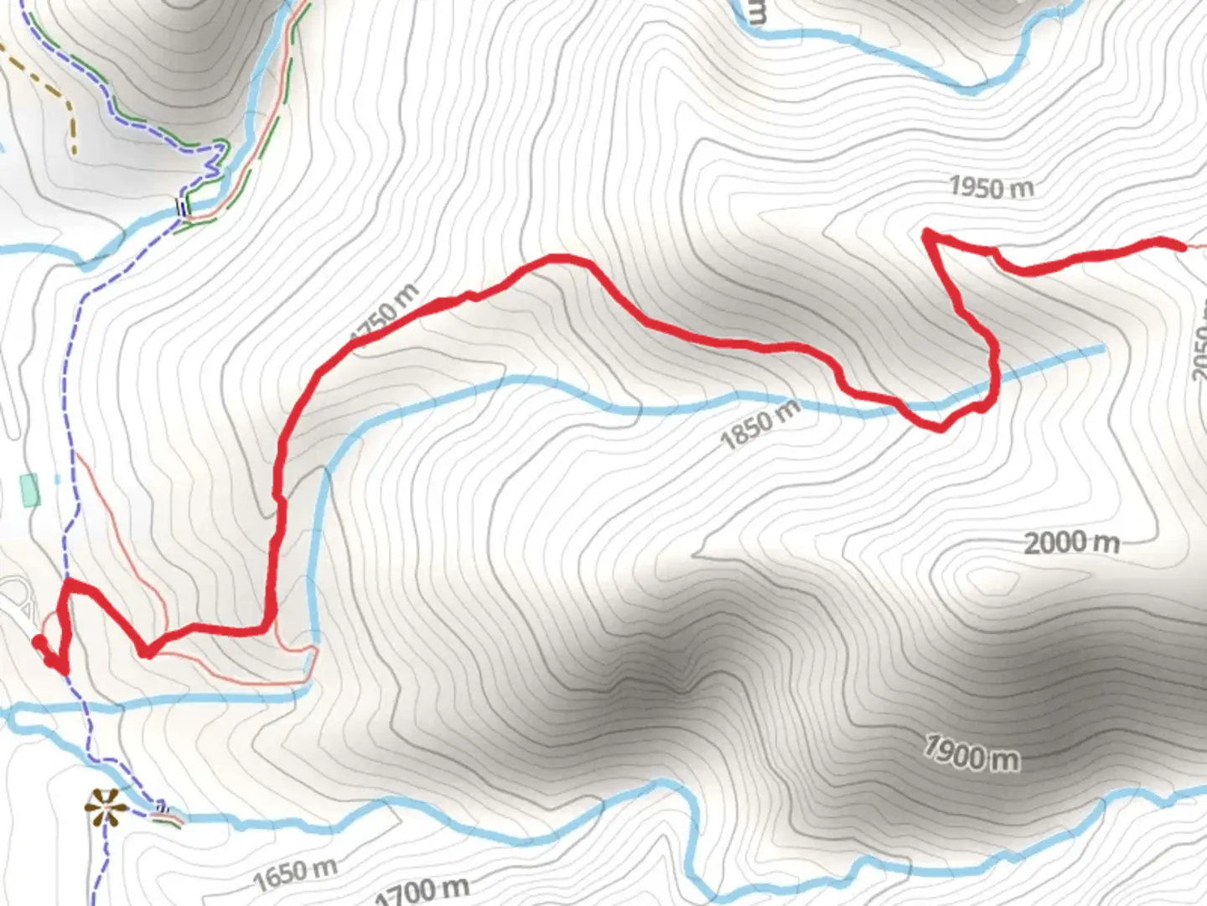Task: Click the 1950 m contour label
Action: (x=991, y=187)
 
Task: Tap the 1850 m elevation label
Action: (x=759, y=424)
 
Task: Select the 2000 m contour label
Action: (x=1071, y=543)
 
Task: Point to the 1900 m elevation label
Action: (x=971, y=752)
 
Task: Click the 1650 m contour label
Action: (x=295, y=874)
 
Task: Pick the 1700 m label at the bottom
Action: (x=423, y=889)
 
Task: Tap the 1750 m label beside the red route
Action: (x=385, y=315)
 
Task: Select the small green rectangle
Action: (x=29, y=490)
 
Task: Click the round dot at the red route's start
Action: (x=39, y=643)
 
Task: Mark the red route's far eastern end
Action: (x=1182, y=247)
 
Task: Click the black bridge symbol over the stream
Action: (x=180, y=206)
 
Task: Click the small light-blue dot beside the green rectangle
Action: (x=57, y=480)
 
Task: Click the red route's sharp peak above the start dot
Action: (x=68, y=581)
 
